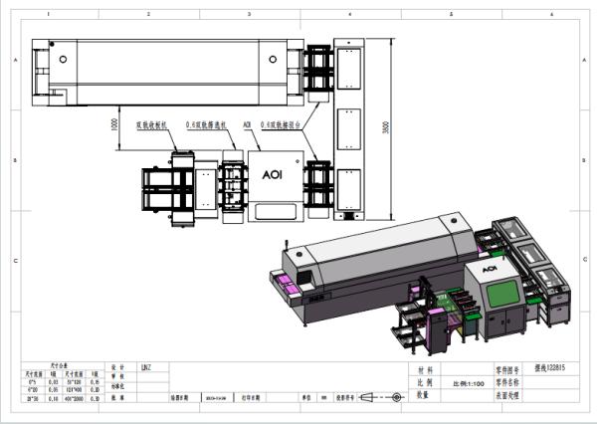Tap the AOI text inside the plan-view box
[x=273, y=173]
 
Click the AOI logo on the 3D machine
[x=489, y=268]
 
